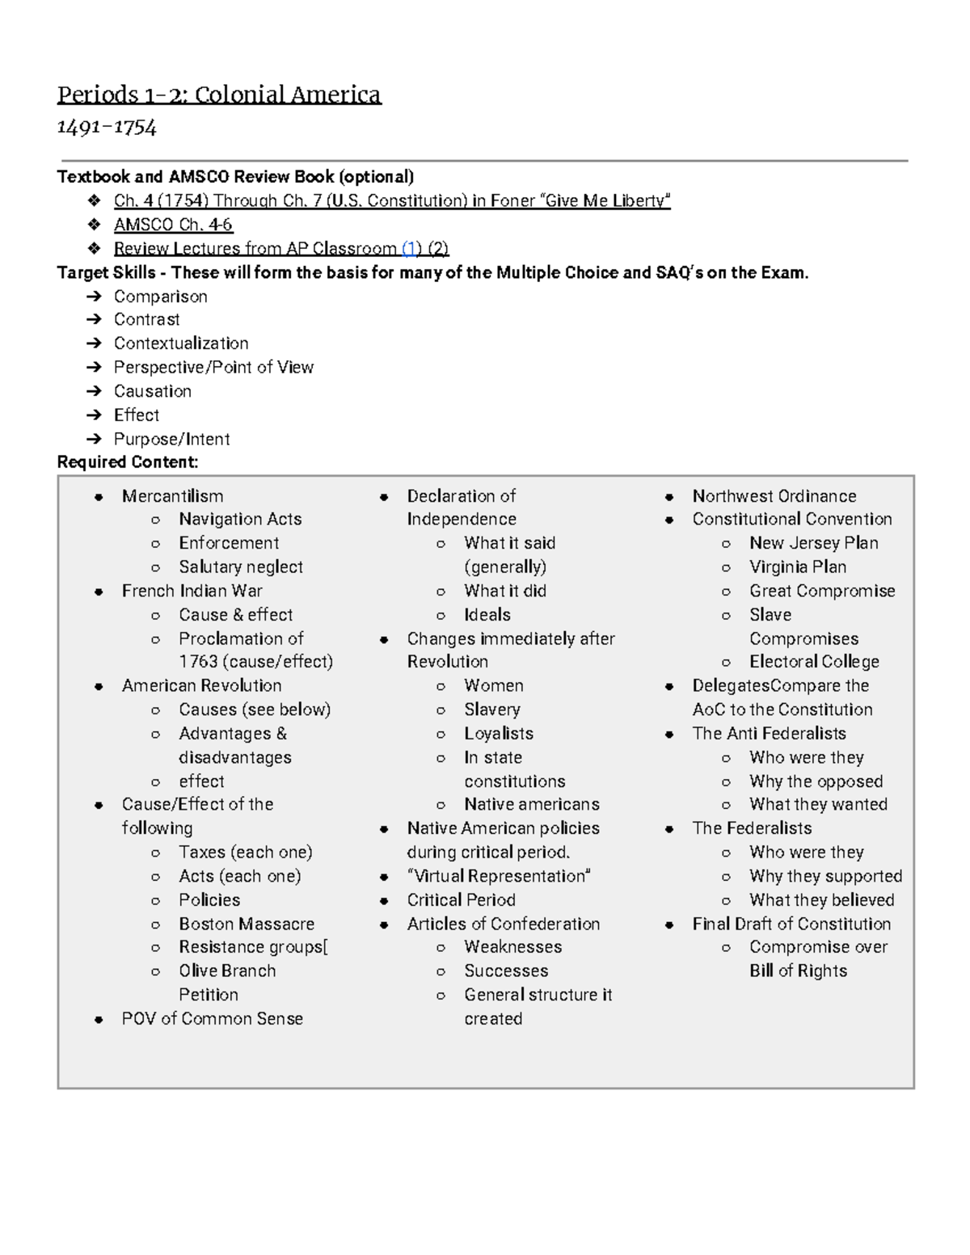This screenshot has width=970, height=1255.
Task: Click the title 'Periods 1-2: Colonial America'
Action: point(218,95)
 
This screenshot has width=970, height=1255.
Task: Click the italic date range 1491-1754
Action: point(107,128)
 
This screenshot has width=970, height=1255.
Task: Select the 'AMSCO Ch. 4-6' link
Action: point(173,225)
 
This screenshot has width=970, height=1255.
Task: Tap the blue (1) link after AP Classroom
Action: point(411,249)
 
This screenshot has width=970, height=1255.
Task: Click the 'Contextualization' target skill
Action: point(181,343)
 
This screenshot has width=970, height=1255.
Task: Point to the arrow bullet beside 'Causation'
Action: point(95,392)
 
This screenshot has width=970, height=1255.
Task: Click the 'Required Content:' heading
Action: point(128,462)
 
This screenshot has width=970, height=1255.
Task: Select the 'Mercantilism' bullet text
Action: point(172,496)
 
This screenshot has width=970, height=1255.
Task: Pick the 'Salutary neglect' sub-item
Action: point(241,567)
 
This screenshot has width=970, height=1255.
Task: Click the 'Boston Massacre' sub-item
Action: point(247,924)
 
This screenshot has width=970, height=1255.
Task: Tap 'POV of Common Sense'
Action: point(212,1019)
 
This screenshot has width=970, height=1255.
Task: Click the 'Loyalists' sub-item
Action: point(499,734)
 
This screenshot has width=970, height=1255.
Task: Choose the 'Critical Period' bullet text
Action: point(461,900)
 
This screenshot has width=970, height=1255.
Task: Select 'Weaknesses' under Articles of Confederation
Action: point(512,947)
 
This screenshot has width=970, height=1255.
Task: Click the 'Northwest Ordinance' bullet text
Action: point(774,496)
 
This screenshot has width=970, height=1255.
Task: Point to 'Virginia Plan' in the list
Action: point(797,567)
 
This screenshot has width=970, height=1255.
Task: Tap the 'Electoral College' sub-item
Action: point(814,662)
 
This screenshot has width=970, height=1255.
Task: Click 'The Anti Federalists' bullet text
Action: point(769,734)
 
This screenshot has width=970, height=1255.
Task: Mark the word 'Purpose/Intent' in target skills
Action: point(171,440)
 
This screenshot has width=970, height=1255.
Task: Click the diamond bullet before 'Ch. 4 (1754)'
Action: point(95,200)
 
